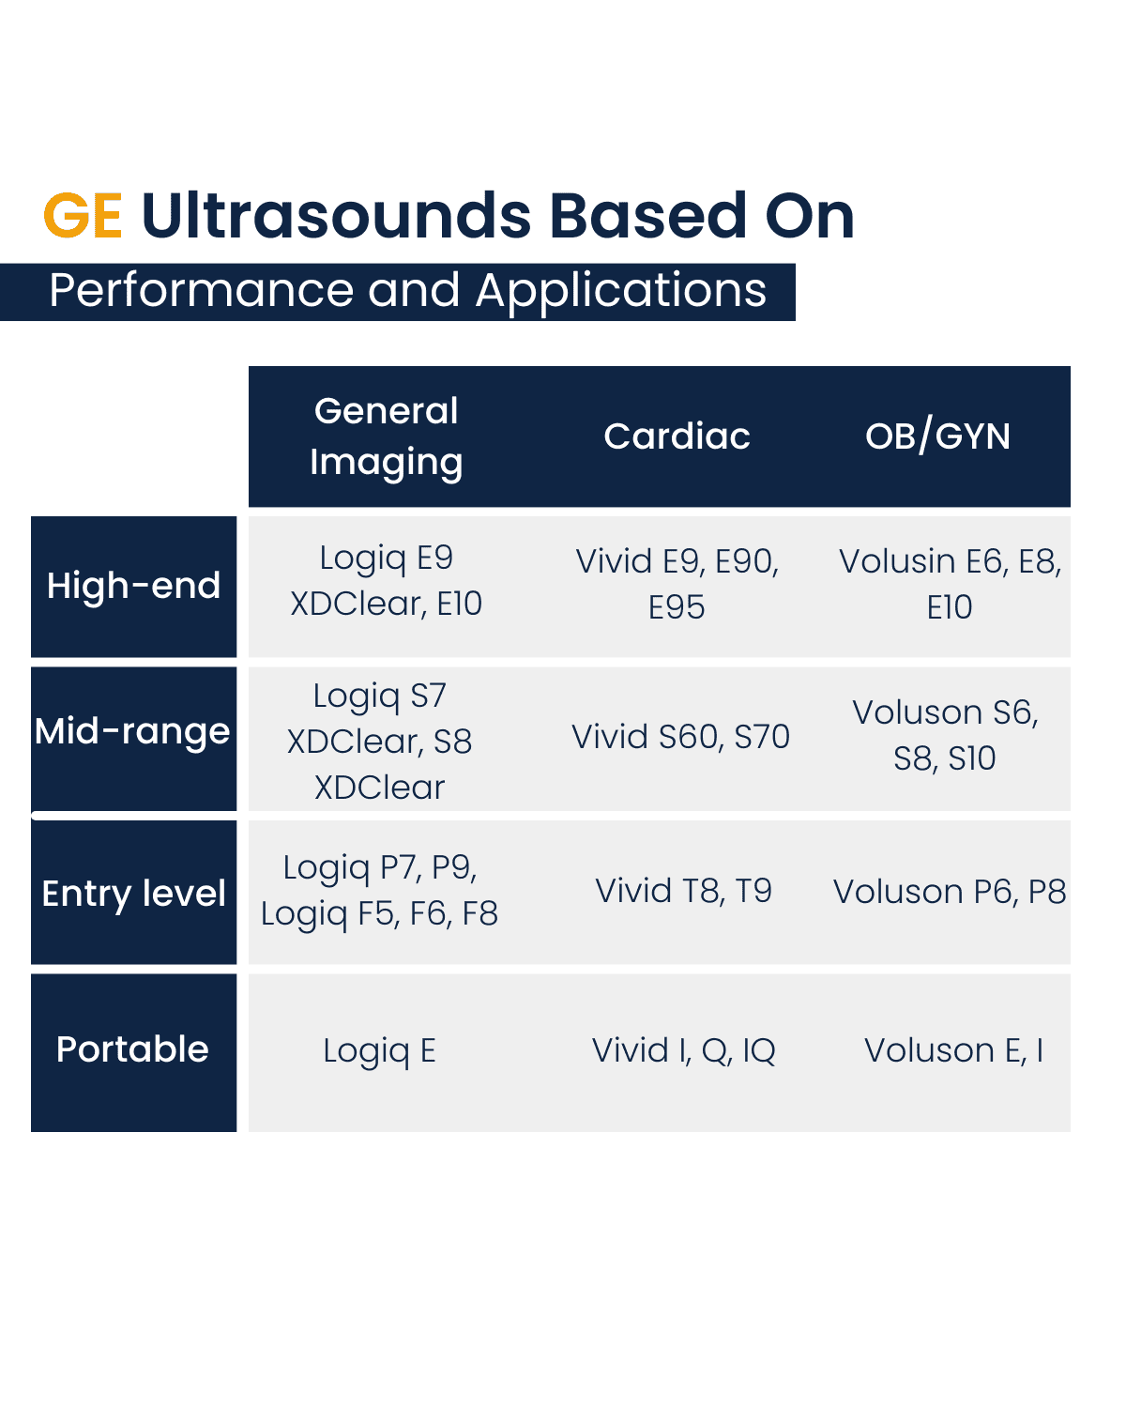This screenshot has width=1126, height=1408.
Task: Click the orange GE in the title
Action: pos(83,216)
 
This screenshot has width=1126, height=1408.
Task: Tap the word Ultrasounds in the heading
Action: pos(336,216)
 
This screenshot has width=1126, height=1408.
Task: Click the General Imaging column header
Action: pos(386,436)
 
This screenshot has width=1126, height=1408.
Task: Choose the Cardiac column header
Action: pos(677,436)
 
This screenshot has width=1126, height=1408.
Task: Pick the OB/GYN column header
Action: pos(937,436)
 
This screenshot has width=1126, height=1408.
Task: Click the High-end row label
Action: pos(133,586)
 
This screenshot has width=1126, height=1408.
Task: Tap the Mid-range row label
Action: pos(132,731)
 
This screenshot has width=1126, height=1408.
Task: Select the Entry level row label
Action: pos(133,894)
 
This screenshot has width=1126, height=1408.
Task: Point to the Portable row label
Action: pos(132,1049)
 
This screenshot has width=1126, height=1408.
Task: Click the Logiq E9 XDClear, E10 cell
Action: pos(386,581)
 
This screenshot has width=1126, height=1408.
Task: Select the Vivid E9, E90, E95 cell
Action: pos(677,584)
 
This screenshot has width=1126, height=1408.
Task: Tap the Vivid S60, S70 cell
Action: pos(680,737)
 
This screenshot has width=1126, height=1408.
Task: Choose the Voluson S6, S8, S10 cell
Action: pos(945,735)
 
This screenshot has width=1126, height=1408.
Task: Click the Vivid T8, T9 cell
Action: pos(683,891)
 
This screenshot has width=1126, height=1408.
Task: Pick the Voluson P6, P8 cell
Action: pos(949,892)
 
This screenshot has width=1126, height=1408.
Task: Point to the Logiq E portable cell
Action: pos(379,1050)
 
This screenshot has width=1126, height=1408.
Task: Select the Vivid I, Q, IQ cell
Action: pos(683,1050)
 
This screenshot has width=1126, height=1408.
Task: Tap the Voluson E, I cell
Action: pos(953,1050)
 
